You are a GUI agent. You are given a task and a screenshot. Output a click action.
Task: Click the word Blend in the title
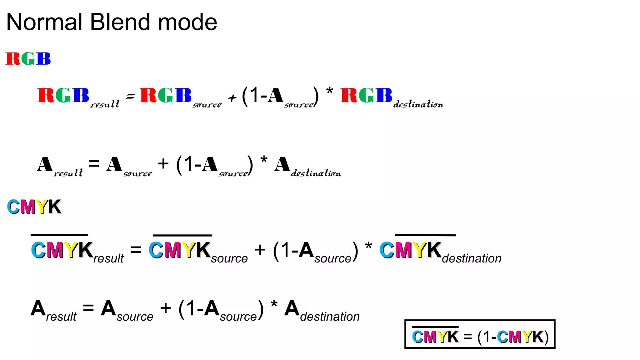pyautogui.click(x=120, y=22)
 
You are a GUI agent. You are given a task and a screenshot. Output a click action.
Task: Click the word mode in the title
pyautogui.click(x=187, y=22)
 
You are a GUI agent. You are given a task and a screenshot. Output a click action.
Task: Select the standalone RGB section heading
pyautogui.click(x=28, y=59)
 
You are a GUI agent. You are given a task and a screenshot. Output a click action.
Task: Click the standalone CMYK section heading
pyautogui.click(x=34, y=207)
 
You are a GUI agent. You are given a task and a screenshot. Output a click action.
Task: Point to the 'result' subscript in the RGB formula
pyautogui.click(x=105, y=104)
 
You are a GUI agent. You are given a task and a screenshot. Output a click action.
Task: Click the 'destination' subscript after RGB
pyautogui.click(x=418, y=104)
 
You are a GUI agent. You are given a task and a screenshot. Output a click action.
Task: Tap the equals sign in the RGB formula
pyautogui.click(x=130, y=97)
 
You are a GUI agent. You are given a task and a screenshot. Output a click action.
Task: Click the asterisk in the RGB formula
pyautogui.click(x=329, y=92)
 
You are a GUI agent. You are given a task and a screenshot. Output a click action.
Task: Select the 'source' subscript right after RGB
pyautogui.click(x=207, y=105)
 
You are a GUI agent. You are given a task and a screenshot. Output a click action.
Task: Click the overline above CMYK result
pyautogui.click(x=59, y=235)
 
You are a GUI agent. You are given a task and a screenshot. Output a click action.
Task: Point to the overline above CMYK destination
pyautogui.click(x=425, y=235)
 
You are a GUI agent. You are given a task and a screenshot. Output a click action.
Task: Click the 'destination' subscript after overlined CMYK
pyautogui.click(x=472, y=258)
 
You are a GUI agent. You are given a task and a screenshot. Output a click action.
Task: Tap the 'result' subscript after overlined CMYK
pyautogui.click(x=108, y=258)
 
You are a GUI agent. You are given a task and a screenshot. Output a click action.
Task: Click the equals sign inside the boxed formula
pyautogui.click(x=467, y=337)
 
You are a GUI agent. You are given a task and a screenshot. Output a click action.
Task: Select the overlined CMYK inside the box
pyautogui.click(x=435, y=336)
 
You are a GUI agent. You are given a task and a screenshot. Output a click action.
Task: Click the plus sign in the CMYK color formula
pyautogui.click(x=260, y=250)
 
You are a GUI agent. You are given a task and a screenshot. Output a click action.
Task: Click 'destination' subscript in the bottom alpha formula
pyautogui.click(x=330, y=317)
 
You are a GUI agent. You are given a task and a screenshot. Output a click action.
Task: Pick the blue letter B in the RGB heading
pyautogui.click(x=43, y=59)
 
